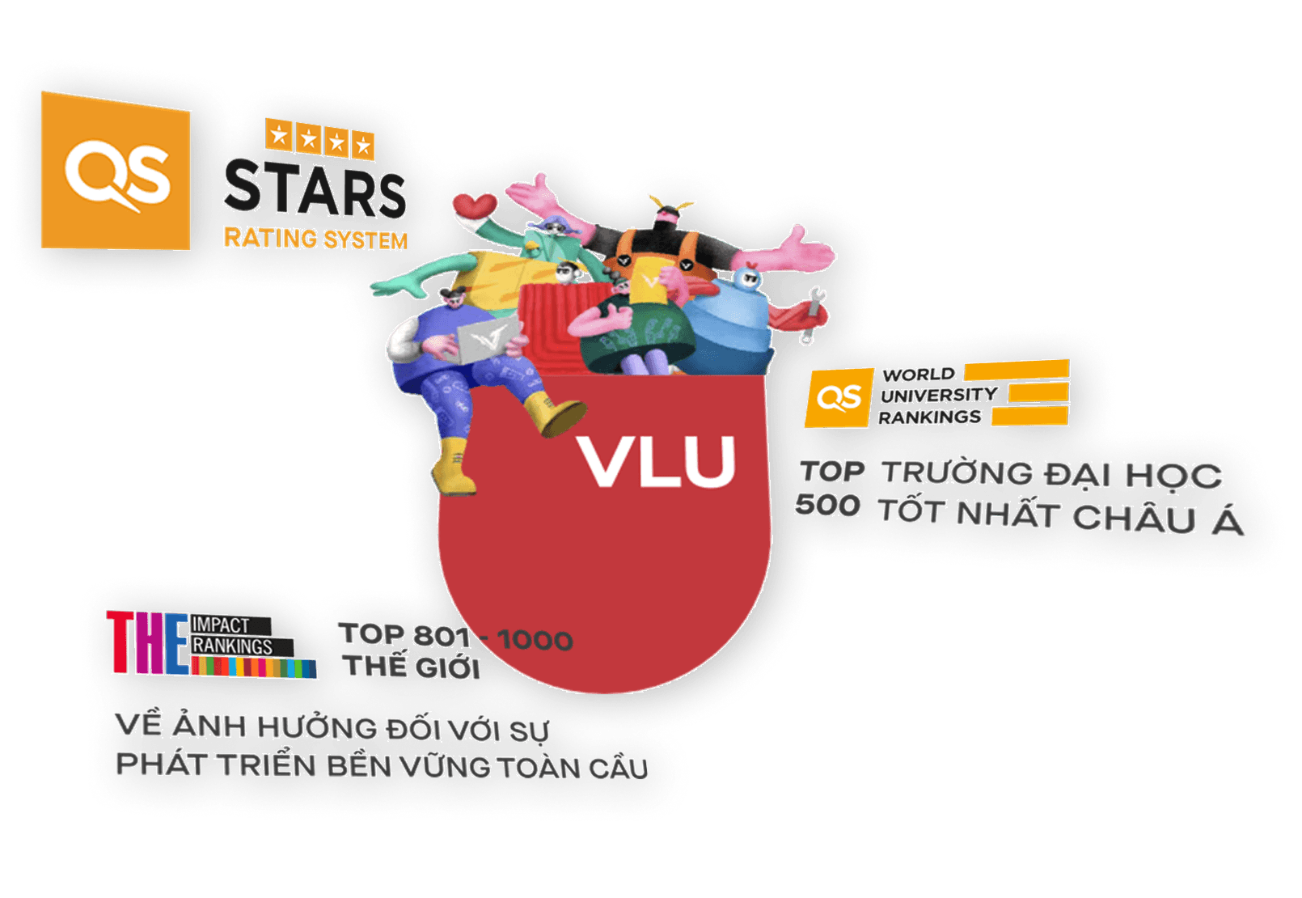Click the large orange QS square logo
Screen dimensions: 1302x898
[x=116, y=171]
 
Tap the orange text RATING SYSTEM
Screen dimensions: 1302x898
[x=315, y=239]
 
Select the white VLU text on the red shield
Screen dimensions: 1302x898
[x=656, y=461]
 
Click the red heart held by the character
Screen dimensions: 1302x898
[x=474, y=205]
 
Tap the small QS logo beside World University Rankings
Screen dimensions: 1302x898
[x=839, y=398]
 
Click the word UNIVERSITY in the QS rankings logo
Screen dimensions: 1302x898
[x=939, y=396]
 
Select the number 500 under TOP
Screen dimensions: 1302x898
[x=828, y=504]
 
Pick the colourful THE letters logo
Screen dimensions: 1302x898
[x=148, y=642]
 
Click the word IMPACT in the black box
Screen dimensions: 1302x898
[x=221, y=625]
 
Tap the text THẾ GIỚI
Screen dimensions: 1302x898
[x=412, y=667]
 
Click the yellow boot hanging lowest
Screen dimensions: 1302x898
[x=454, y=467]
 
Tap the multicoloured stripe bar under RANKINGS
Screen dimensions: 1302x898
[x=254, y=667]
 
